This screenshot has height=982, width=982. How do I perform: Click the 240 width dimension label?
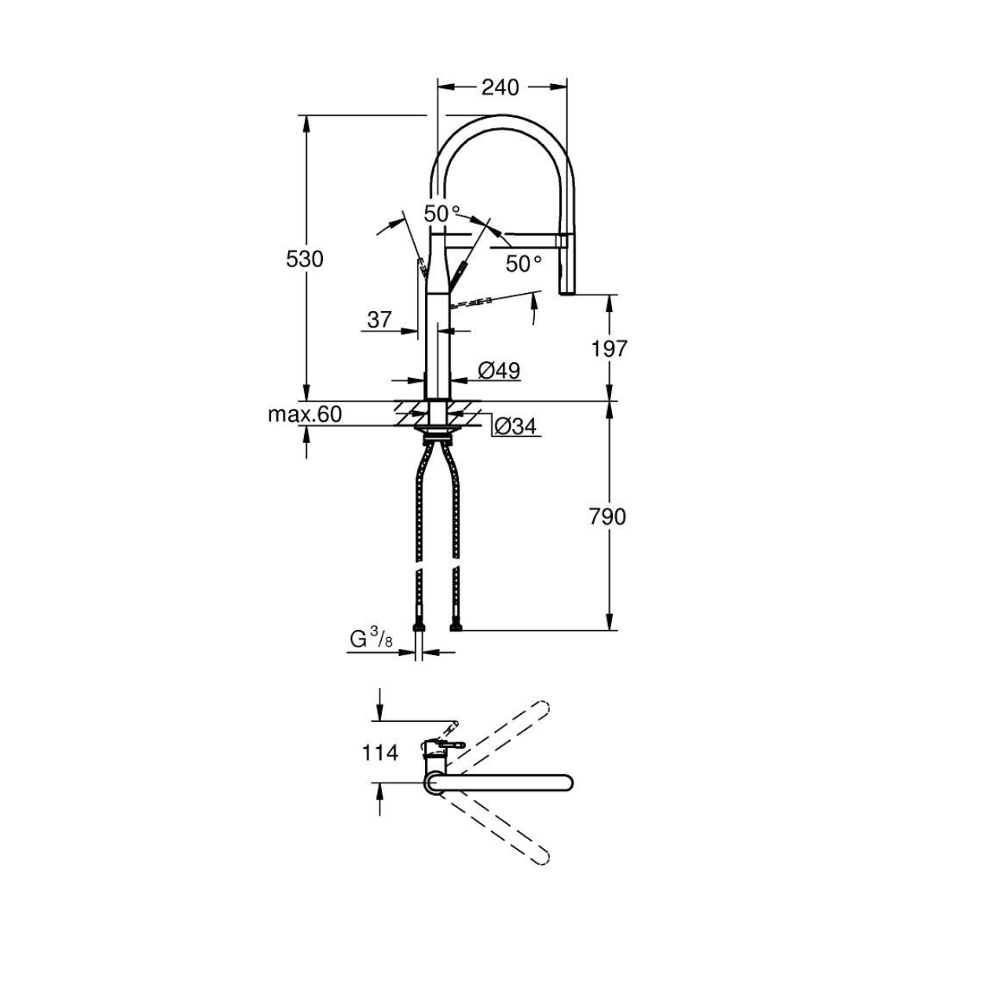point(500,88)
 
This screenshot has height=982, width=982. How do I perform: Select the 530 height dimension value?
point(305,260)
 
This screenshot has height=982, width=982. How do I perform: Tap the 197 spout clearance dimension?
point(609,349)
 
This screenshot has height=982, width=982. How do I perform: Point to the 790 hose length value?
point(607,517)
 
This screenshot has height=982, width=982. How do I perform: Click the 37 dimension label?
point(379,320)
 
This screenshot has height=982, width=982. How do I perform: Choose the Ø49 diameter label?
point(500,371)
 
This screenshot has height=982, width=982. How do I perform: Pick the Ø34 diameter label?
point(515,427)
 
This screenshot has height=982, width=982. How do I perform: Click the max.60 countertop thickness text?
point(305,414)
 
